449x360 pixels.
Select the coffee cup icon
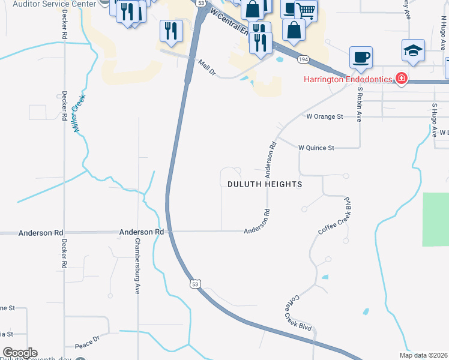pos(360,58)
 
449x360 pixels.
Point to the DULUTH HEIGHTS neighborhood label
pos(265,184)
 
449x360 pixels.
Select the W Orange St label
pos(324,116)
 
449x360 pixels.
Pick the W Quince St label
pos(316,147)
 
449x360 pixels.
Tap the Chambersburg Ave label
pos(137,266)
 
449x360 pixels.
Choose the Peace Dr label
pos(87,343)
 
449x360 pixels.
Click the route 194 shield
pos(304,59)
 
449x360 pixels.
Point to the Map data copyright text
pos(423,355)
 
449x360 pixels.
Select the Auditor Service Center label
pos(53,4)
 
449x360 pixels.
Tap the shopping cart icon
pos(306,10)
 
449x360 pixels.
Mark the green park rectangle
pos(436,219)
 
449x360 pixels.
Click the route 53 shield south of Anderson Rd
pos(194,284)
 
